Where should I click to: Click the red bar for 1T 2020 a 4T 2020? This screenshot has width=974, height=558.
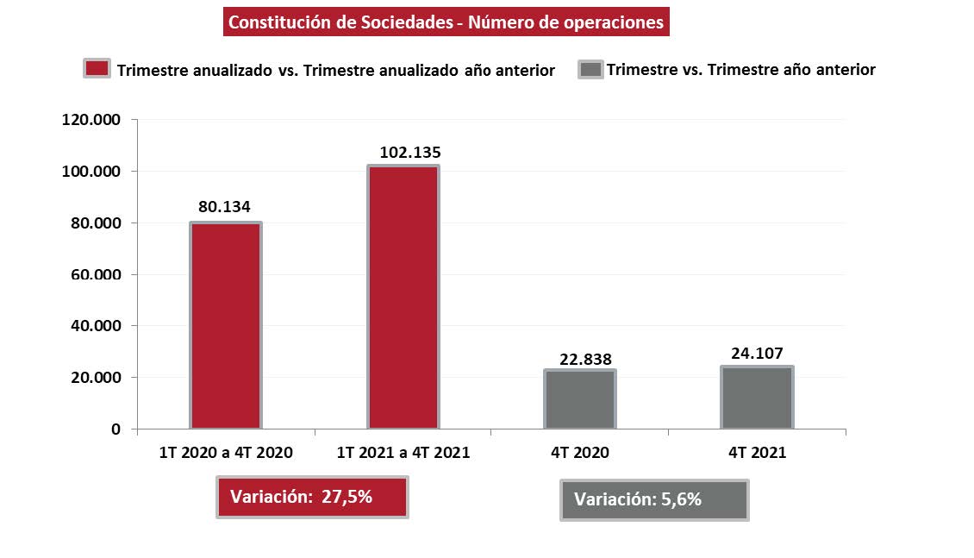[226, 326]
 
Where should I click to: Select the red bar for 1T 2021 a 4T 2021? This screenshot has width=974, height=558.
[403, 298]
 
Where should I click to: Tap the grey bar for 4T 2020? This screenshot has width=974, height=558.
[580, 399]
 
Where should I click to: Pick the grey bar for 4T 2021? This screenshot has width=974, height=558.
[757, 398]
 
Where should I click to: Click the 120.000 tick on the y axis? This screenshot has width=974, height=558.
[91, 120]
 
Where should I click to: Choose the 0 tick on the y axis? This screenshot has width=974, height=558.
[116, 429]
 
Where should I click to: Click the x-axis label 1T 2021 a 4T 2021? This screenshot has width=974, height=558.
[403, 453]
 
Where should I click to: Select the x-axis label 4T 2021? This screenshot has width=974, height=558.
[757, 453]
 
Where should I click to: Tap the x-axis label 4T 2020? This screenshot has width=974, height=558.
[580, 453]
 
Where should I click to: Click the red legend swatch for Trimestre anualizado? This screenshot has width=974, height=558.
[97, 69]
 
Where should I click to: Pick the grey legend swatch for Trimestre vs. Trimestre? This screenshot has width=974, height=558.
[590, 69]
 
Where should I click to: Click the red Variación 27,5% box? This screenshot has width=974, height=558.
[311, 497]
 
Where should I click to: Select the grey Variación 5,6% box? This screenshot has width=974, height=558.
[654, 499]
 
